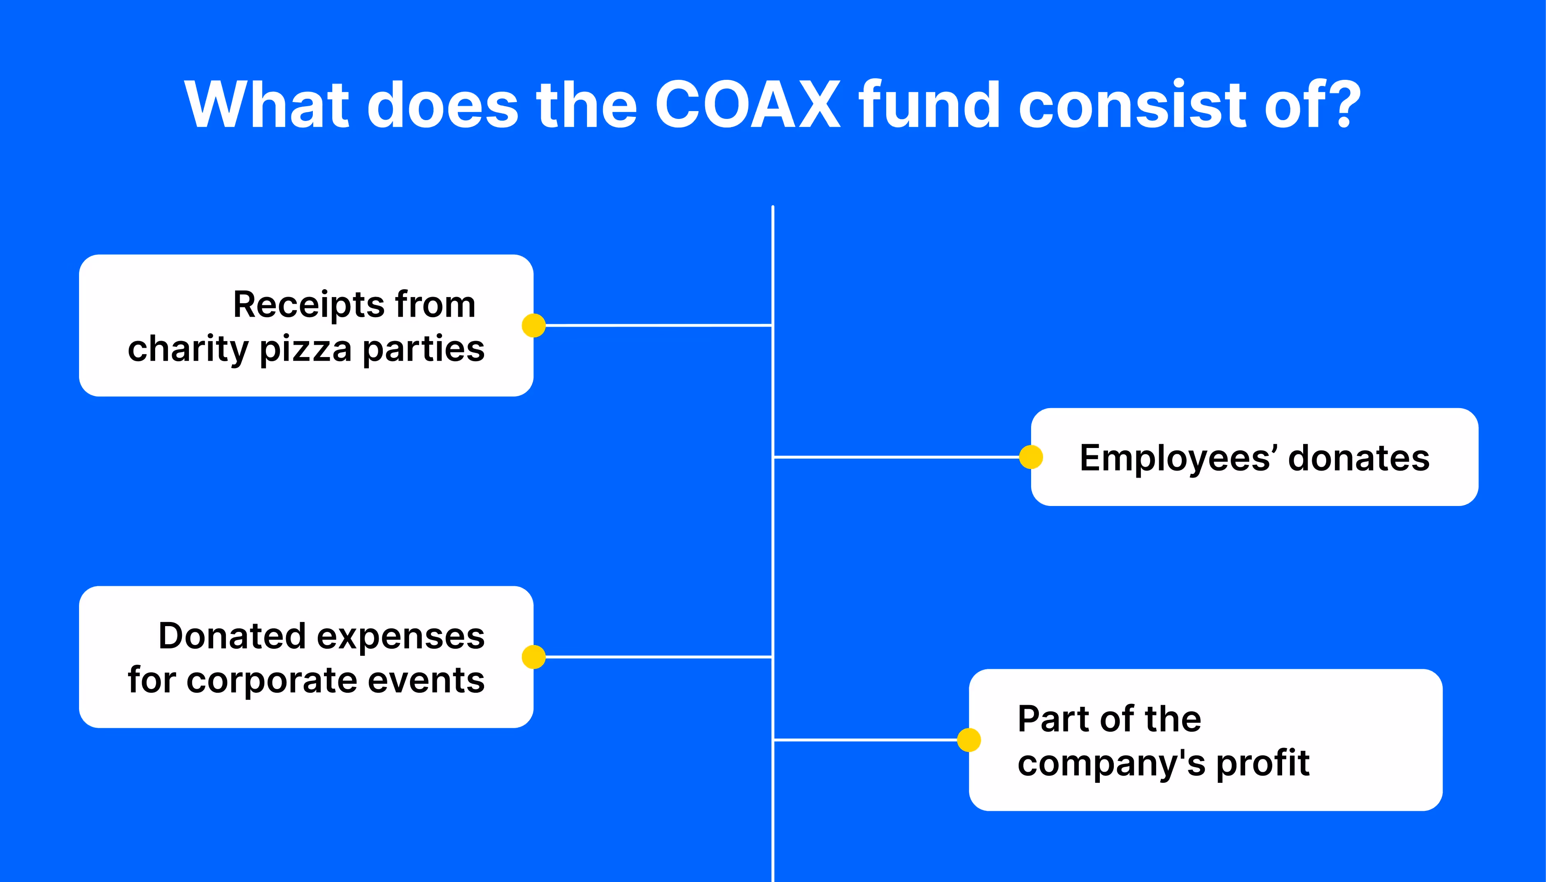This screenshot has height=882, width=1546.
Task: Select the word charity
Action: click(188, 350)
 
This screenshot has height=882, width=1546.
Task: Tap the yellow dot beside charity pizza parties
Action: click(533, 325)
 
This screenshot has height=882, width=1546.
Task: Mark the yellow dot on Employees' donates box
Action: click(1031, 457)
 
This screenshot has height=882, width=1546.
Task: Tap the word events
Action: click(426, 680)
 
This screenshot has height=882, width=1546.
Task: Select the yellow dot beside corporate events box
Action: click(533, 657)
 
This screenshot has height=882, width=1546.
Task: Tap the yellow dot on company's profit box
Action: click(969, 740)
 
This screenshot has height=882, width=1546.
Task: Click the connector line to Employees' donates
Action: click(897, 457)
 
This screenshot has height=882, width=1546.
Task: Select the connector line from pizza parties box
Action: click(658, 325)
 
